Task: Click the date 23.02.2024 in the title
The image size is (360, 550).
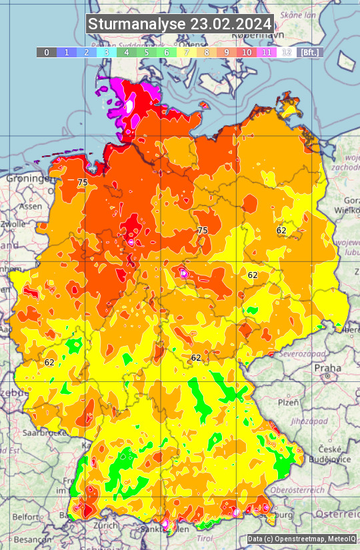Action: coord(231,24)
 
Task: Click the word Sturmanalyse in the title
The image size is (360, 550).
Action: coord(138,24)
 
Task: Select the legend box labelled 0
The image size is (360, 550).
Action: coord(47,52)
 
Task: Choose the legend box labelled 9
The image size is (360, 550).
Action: coord(227,52)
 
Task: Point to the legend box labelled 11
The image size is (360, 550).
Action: coord(267,52)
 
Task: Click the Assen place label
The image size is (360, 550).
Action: coord(30,207)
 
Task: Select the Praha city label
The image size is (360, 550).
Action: coord(327,367)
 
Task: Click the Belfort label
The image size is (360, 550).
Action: coord(25,517)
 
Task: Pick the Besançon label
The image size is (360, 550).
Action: coord(28,539)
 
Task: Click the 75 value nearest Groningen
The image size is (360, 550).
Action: coord(83,182)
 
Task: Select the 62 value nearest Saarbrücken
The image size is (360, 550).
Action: coord(49,362)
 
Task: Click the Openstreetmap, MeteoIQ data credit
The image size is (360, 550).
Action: coord(301,539)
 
